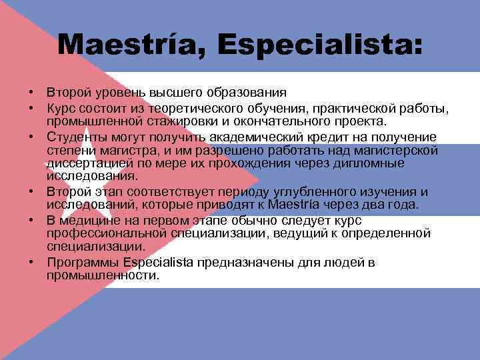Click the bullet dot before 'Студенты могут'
31,137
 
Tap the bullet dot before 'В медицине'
31,220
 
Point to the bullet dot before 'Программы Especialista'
31,263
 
